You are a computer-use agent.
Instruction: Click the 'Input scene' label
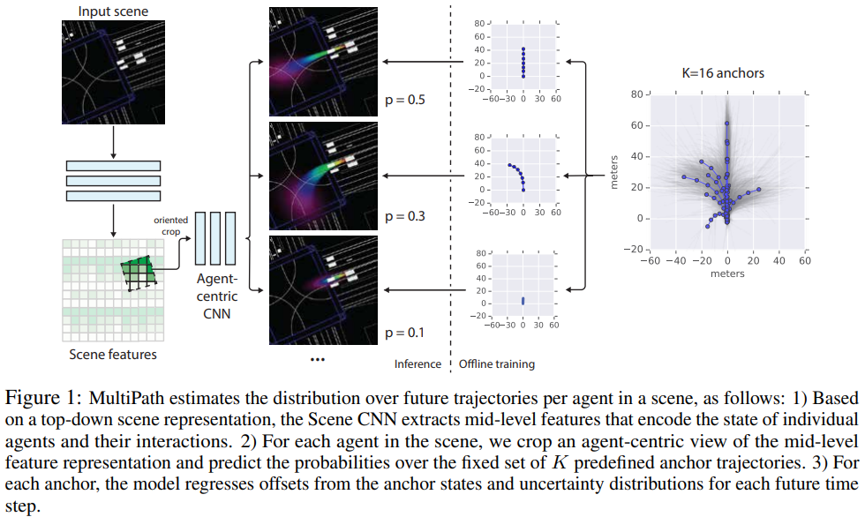pyautogui.click(x=112, y=11)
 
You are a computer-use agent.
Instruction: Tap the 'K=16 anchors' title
pyautogui.click(x=727, y=73)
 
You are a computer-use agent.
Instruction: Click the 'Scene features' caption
pyautogui.click(x=112, y=355)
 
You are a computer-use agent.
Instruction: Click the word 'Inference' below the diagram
pyautogui.click(x=417, y=363)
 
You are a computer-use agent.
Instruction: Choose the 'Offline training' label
pyautogui.click(x=497, y=363)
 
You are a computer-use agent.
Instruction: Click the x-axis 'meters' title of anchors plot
pyautogui.click(x=727, y=273)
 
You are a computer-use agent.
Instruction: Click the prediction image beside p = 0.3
pyautogui.click(x=322, y=177)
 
